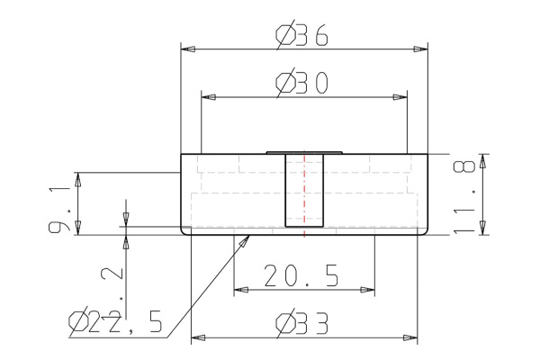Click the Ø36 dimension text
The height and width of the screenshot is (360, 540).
pos(301,36)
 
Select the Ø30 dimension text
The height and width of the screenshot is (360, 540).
pos(301,84)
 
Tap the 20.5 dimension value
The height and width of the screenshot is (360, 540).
pos(301,277)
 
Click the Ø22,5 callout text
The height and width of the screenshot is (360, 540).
pos(116,321)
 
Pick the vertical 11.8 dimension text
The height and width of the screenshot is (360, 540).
pos(464,196)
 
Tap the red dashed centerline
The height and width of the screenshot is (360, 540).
pos(305,193)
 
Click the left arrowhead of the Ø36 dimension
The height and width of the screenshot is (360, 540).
pos(187,49)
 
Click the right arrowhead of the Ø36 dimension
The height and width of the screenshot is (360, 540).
pos(420,49)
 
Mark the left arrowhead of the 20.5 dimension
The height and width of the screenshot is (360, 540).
pos(240,289)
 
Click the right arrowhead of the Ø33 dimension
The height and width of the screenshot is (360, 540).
pos(411,338)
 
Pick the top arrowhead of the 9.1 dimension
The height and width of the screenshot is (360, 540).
pos(78,177)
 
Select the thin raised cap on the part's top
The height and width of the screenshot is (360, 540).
pos(304,152)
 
